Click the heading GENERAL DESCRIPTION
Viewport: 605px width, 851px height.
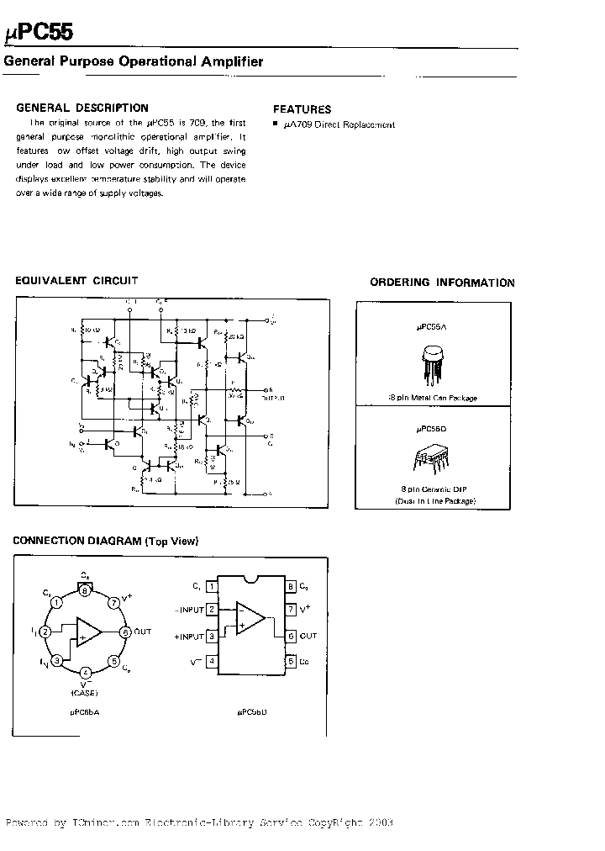click(82, 108)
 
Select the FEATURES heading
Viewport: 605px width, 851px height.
click(302, 108)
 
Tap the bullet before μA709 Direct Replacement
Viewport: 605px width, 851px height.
click(276, 124)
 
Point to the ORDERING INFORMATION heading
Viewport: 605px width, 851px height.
click(442, 283)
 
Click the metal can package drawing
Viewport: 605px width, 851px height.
click(435, 366)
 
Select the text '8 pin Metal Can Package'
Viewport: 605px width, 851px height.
click(435, 398)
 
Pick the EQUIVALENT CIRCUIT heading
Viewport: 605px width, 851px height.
click(76, 281)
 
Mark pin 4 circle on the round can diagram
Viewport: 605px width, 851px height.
click(86, 673)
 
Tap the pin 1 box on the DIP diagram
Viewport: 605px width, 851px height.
click(212, 586)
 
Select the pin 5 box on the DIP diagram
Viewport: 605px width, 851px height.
click(290, 661)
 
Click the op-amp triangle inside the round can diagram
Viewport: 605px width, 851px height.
click(87, 632)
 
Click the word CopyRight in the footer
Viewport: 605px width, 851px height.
click(326, 822)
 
